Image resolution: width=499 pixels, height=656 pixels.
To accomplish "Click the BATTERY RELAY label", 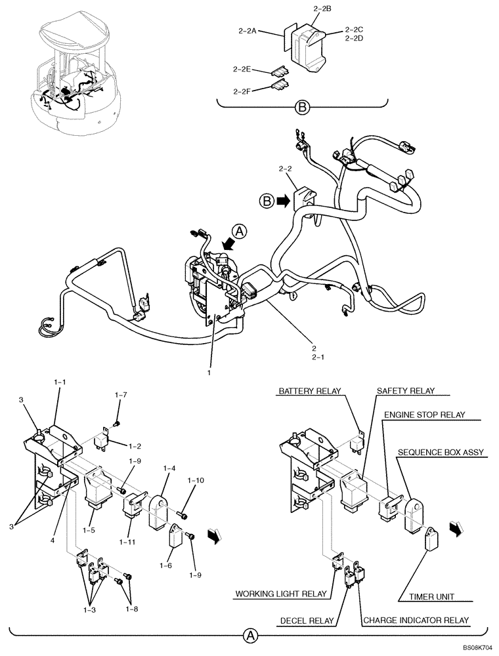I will click(309, 391).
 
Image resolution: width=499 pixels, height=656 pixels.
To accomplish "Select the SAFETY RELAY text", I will click(406, 391).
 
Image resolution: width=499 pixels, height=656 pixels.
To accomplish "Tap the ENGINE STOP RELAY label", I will click(424, 415).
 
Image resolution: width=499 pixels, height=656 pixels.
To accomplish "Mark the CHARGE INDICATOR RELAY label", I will click(416, 620).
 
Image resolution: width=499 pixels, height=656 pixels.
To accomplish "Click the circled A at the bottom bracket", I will click(250, 635).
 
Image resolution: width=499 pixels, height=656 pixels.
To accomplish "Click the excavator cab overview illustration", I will click(72, 72).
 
